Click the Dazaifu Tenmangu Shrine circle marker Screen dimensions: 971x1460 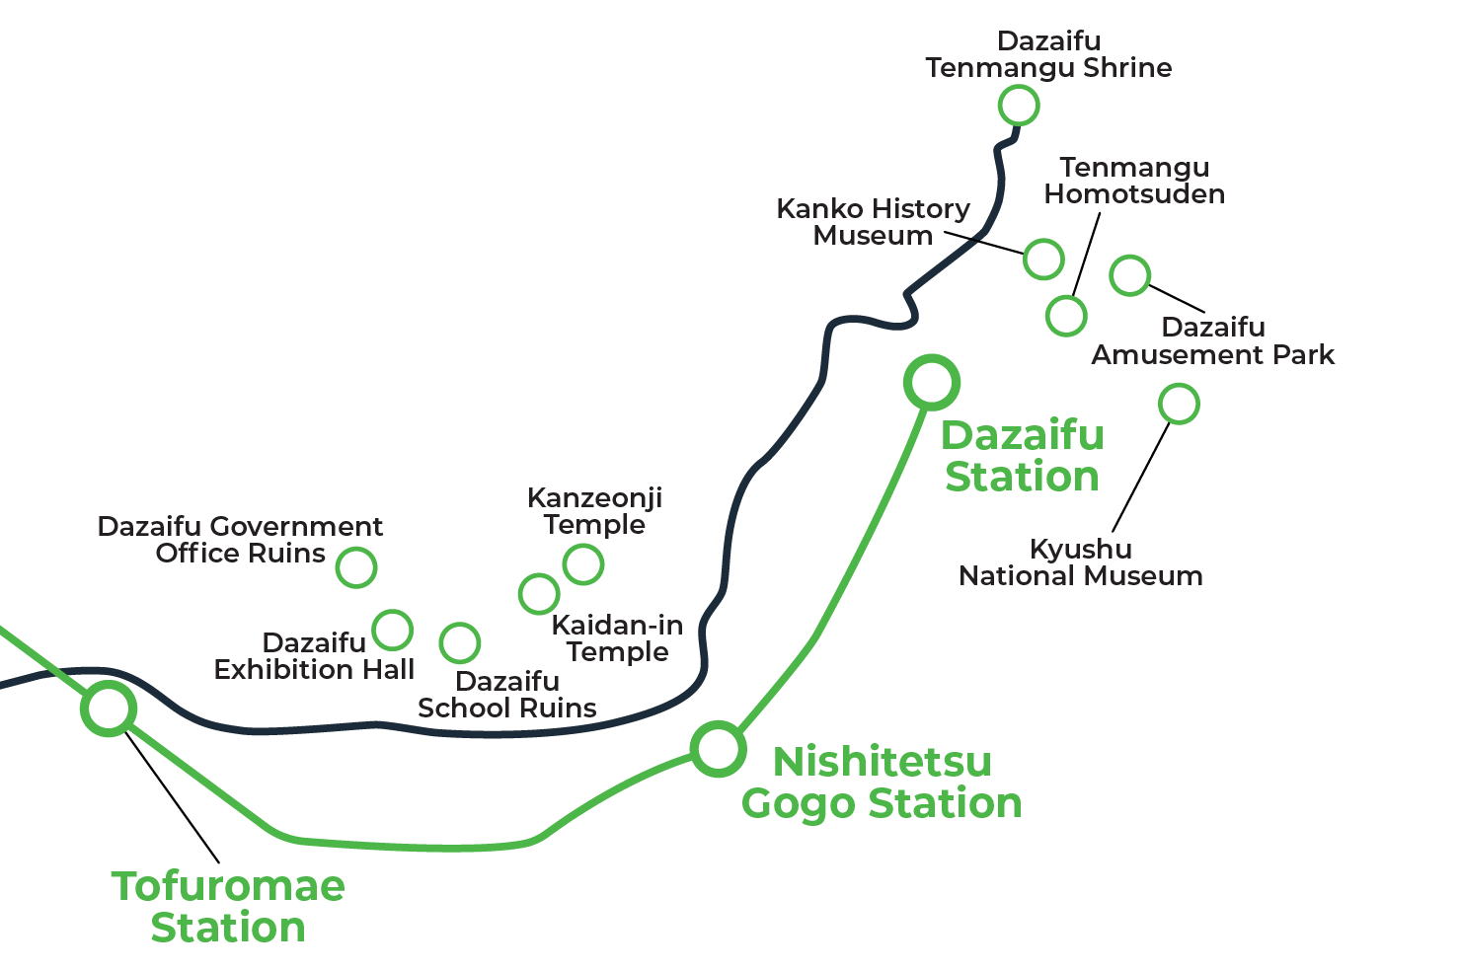click(x=1019, y=105)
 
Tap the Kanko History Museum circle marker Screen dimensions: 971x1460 click(x=1043, y=259)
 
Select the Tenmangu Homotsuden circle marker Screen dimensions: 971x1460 click(x=1066, y=316)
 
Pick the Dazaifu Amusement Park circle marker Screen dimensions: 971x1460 click(x=1130, y=275)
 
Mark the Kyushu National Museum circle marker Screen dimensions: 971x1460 click(x=1179, y=404)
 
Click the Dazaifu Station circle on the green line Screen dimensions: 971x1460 click(x=932, y=382)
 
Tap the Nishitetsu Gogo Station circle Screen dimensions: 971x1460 click(x=718, y=748)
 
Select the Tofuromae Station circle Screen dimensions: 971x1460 click(x=108, y=708)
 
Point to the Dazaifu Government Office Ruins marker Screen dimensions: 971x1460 click(x=356, y=567)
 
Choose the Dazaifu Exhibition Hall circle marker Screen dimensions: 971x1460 click(x=393, y=629)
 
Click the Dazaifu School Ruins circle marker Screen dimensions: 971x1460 click(x=459, y=642)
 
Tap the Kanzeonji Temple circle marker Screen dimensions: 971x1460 click(x=583, y=564)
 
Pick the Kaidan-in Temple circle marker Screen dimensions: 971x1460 click(x=539, y=594)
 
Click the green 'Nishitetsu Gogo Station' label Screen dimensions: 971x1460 click(x=882, y=783)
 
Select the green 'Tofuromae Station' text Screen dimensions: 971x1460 click(x=228, y=907)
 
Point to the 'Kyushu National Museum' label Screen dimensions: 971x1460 click(x=1080, y=562)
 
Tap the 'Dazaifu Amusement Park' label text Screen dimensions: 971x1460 click(x=1212, y=341)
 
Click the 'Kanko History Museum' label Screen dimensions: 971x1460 click(x=873, y=222)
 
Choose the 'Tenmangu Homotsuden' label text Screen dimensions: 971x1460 click(x=1134, y=181)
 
